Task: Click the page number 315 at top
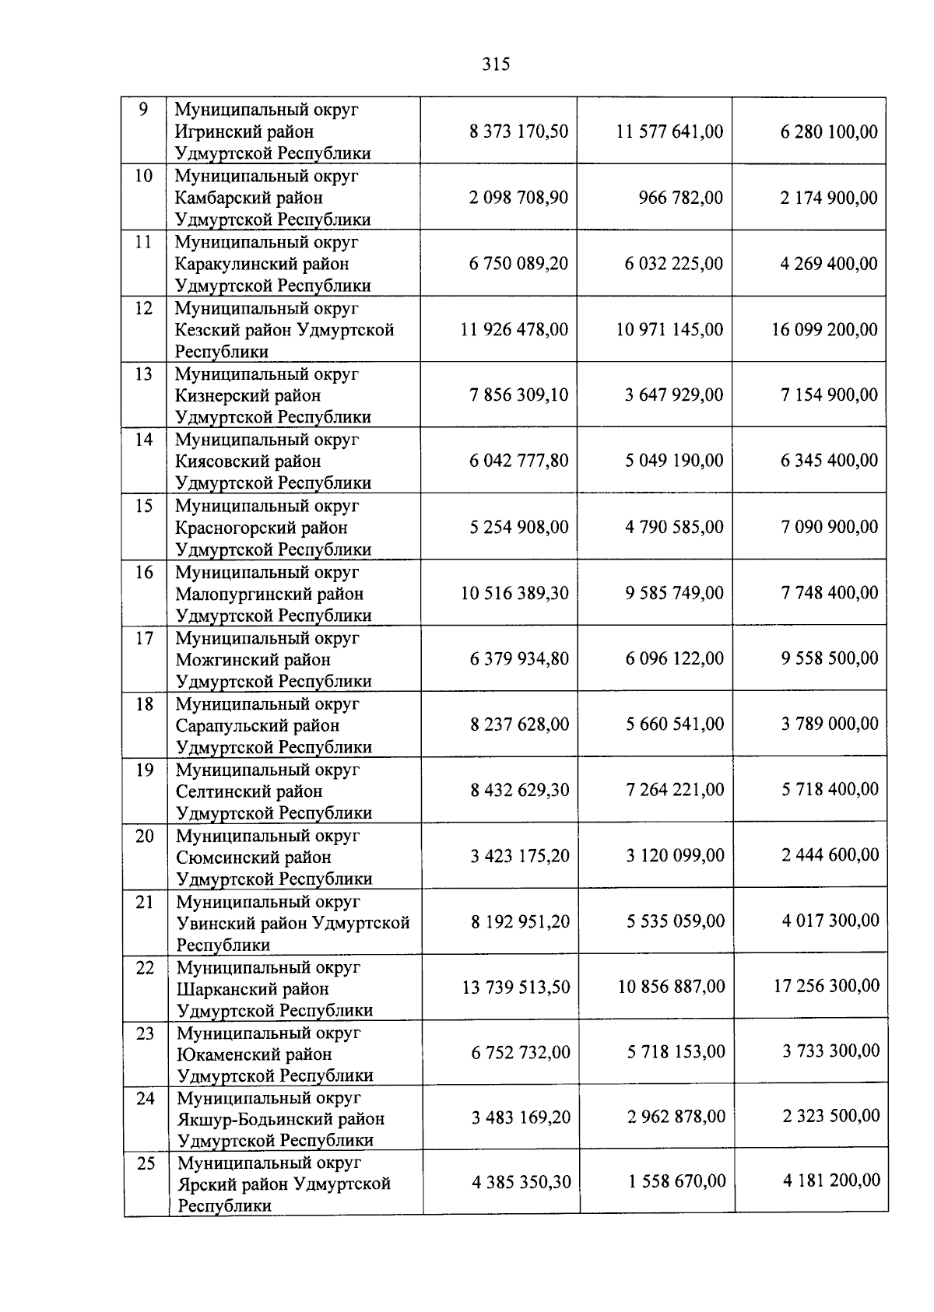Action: coord(496,65)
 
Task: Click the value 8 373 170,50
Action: coord(518,132)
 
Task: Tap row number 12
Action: coord(144,308)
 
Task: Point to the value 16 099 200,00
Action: coord(824,329)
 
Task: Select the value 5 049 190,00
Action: coord(674,461)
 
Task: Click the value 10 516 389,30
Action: coord(514,593)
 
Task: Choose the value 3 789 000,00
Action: coord(830,724)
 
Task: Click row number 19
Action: coord(145,770)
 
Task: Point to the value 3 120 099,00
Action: coord(675,856)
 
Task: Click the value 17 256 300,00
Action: coord(827,986)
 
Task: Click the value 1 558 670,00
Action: coord(676,1181)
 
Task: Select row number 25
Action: coord(146,1163)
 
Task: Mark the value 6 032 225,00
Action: coord(674,264)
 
